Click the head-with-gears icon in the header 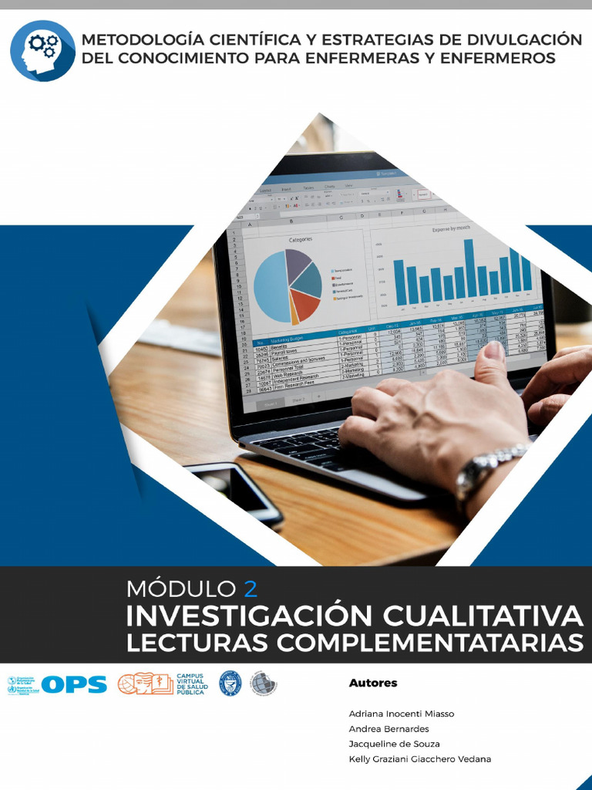point(42,50)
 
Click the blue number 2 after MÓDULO point(250,589)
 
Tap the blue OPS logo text point(74,684)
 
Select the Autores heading point(373,683)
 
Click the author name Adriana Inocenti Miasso point(402,714)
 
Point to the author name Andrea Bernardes point(388,729)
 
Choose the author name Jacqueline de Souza point(394,744)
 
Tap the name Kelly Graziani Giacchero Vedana point(419,759)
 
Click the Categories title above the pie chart point(300,240)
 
